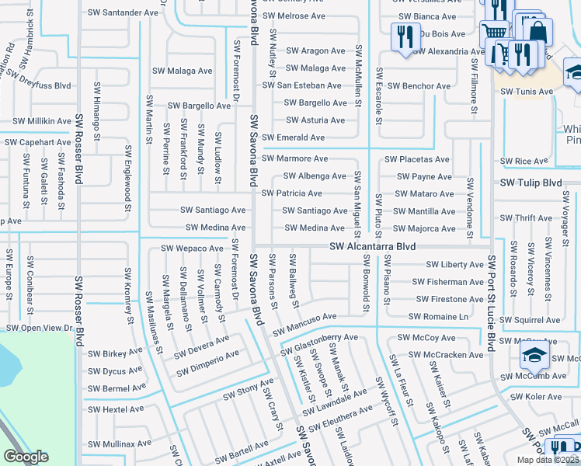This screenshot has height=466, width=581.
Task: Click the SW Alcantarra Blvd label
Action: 372,246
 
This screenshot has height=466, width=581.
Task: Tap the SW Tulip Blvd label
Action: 531,183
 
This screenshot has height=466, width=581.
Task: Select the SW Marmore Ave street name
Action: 294,158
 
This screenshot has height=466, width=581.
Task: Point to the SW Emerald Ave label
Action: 294,137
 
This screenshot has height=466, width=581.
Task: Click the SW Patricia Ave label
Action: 292,193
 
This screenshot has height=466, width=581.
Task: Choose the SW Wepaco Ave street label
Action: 192,249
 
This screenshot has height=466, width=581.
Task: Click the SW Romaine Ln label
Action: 439,317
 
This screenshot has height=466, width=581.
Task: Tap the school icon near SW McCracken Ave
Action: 534,355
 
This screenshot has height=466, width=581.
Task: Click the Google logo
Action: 26,457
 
